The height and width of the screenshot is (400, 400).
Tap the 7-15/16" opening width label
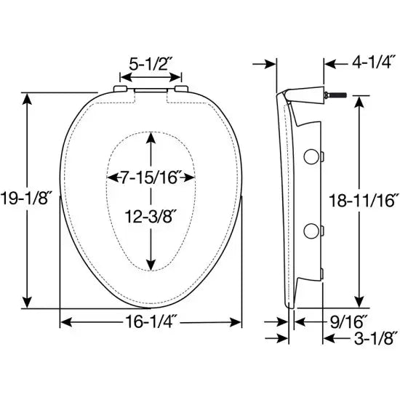point(151,177)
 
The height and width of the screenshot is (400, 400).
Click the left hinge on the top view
point(120,90)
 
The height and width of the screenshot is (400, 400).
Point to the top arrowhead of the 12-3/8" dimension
point(151,140)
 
